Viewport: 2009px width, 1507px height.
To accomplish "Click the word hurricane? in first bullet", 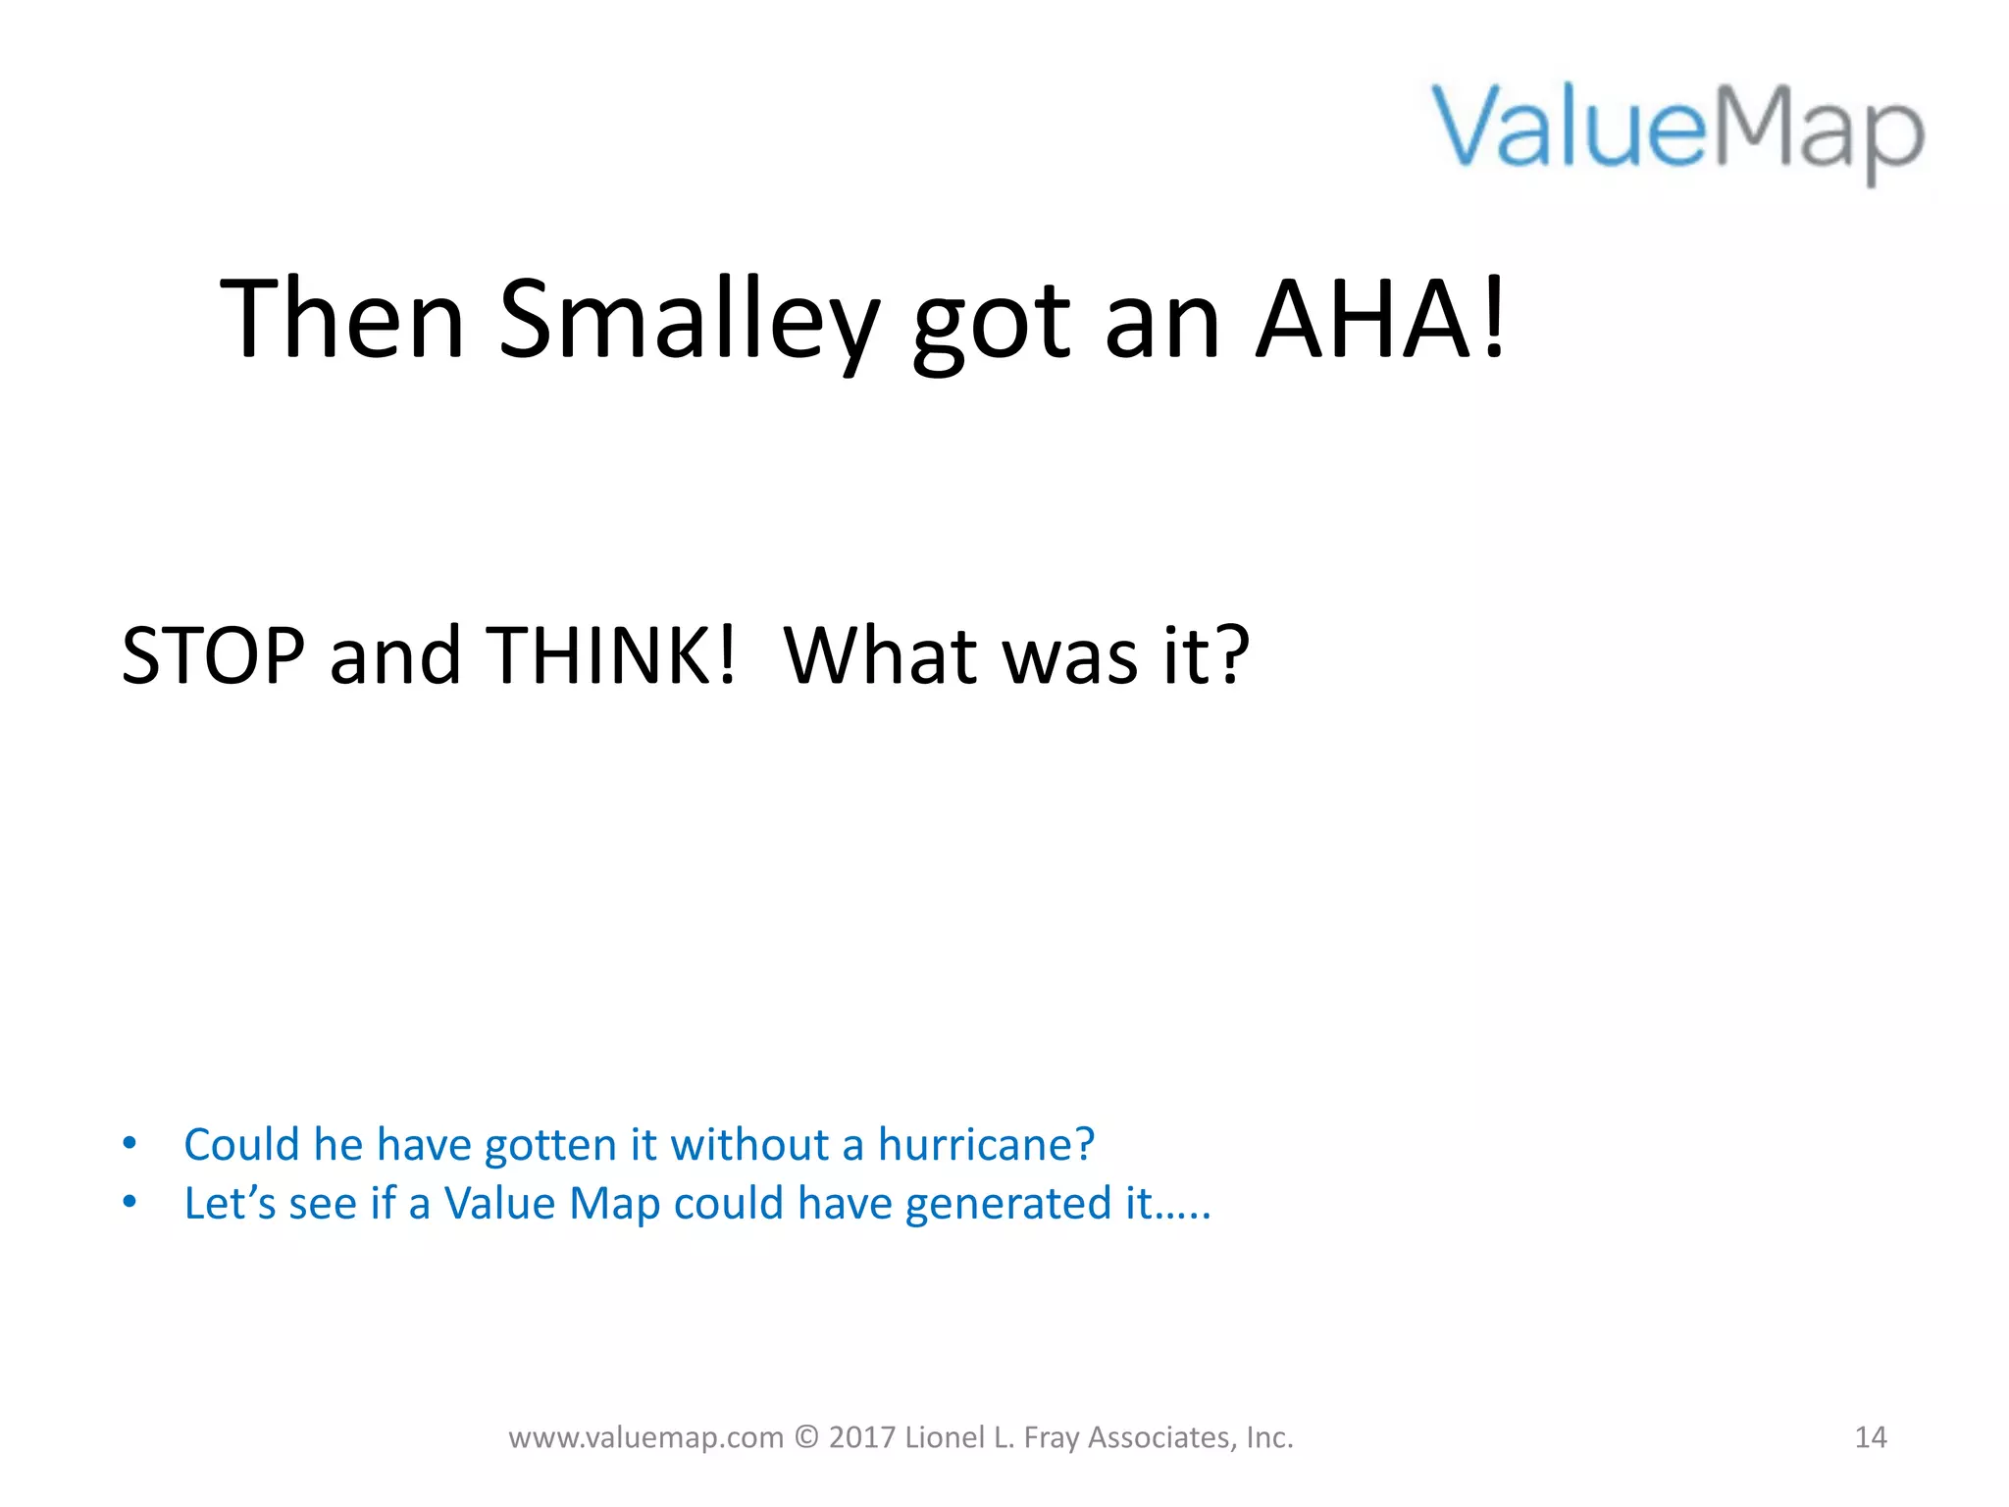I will (x=986, y=1145).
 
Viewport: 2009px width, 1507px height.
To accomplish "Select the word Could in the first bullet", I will (x=241, y=1145).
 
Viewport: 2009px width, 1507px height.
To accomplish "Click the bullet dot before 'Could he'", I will (x=129, y=1144).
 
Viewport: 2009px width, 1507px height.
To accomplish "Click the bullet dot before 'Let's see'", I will (x=129, y=1203).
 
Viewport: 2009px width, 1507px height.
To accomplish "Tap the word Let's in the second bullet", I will (x=230, y=1204).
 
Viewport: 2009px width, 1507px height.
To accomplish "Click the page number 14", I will (x=1870, y=1437).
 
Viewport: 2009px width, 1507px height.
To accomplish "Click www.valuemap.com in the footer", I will (x=645, y=1438).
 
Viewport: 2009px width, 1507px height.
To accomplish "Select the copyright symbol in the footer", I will (x=806, y=1437).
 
